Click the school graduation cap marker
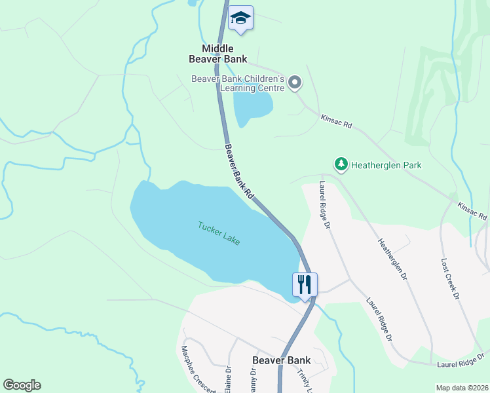pyautogui.click(x=240, y=18)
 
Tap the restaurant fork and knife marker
pyautogui.click(x=305, y=285)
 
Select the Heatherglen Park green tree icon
pyautogui.click(x=341, y=164)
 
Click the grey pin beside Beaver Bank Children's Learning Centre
pyautogui.click(x=295, y=83)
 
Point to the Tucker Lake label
pyautogui.click(x=219, y=233)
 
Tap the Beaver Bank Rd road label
pyautogui.click(x=239, y=172)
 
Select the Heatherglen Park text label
pyautogui.click(x=386, y=165)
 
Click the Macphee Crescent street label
pyautogui.click(x=198, y=369)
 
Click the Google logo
pyautogui.click(x=22, y=385)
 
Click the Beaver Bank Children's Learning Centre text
pyautogui.click(x=238, y=83)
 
